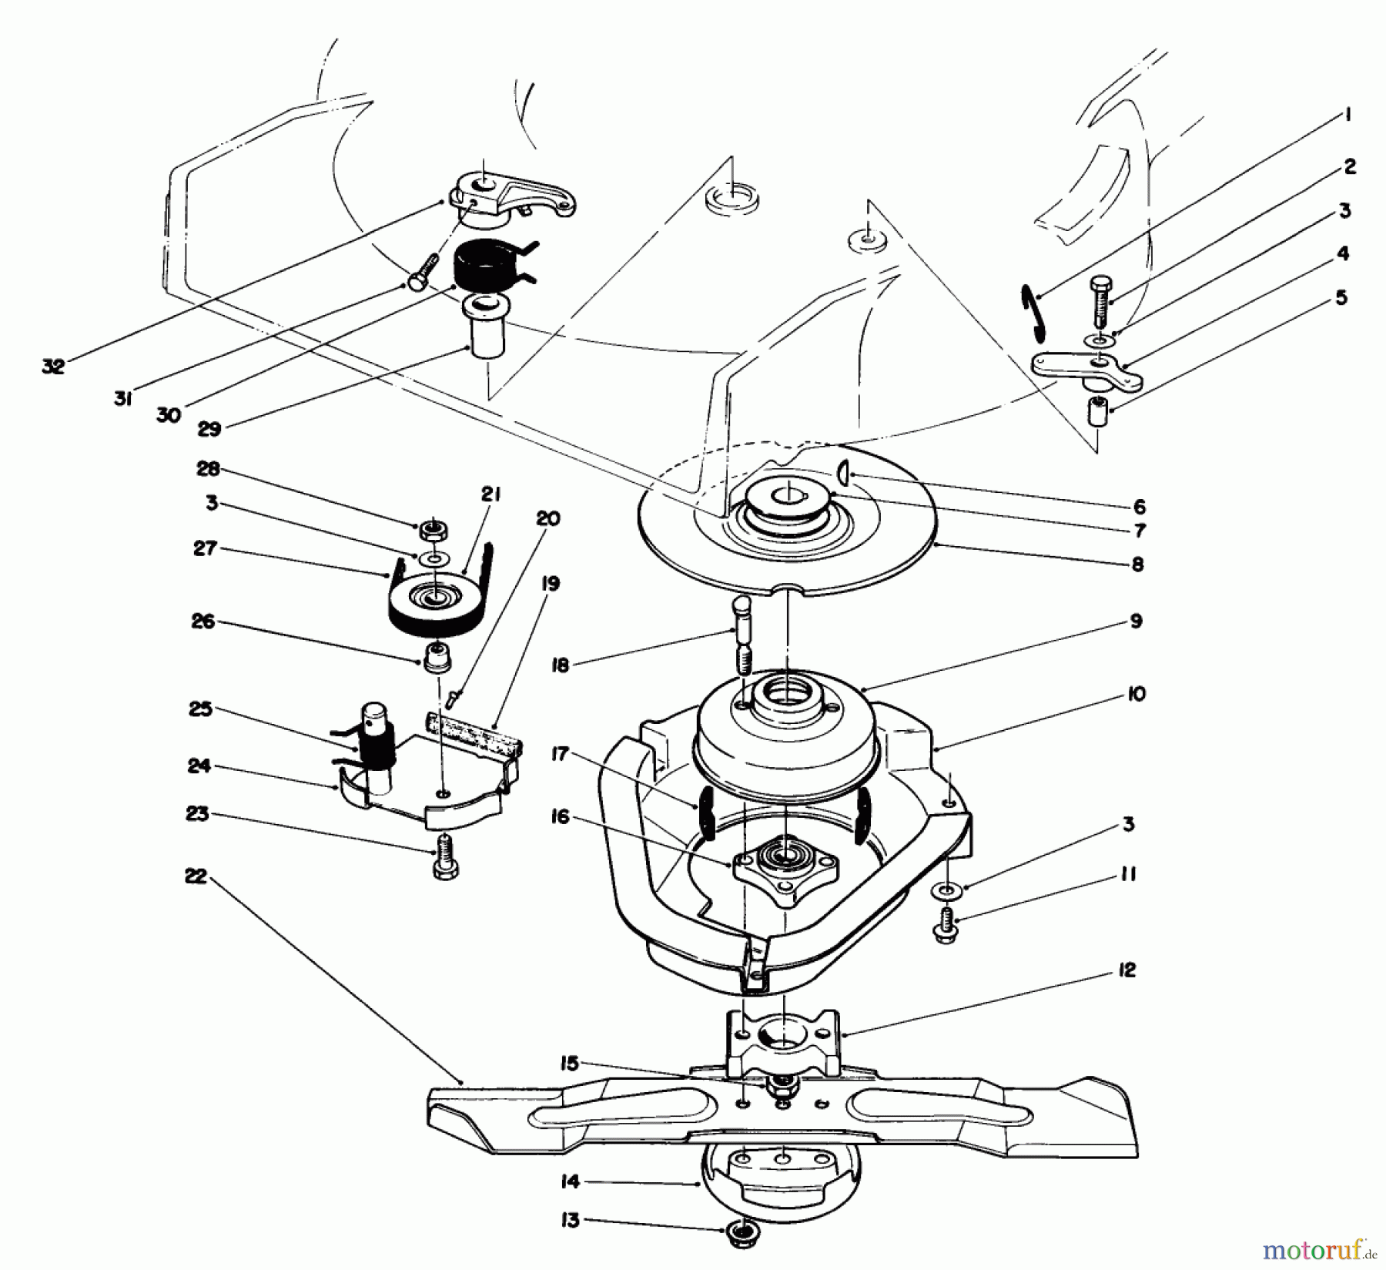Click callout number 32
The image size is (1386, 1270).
pos(52,367)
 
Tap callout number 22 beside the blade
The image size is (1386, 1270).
pos(196,876)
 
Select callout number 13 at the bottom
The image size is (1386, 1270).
pos(570,1221)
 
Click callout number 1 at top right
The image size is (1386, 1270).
pos(1347,116)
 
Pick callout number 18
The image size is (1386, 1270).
pos(561,665)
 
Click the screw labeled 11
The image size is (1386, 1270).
pos(947,927)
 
